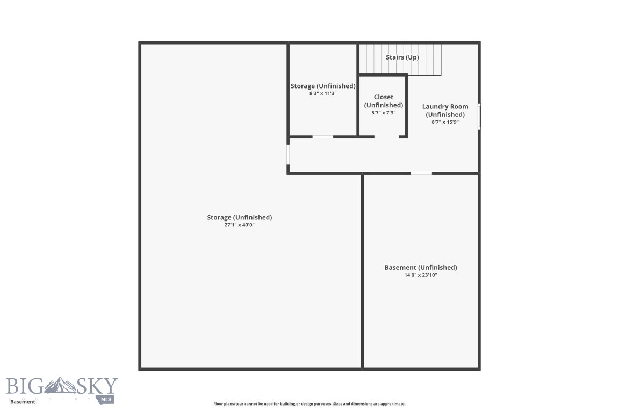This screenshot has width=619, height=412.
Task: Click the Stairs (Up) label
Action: click(402, 57)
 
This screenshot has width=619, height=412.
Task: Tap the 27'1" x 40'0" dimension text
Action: click(240, 225)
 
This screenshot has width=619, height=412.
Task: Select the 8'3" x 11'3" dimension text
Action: click(323, 93)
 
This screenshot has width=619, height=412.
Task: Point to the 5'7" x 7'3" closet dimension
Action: click(383, 112)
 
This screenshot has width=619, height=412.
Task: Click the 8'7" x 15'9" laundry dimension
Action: click(445, 122)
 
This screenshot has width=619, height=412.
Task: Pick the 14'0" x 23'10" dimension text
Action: click(420, 275)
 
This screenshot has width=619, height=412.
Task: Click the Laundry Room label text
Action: click(445, 106)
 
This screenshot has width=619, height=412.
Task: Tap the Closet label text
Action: click(384, 97)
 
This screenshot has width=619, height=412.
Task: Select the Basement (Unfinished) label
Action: click(421, 267)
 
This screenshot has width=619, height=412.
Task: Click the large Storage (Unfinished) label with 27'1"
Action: click(240, 217)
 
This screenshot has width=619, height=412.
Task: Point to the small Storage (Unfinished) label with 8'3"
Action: click(323, 86)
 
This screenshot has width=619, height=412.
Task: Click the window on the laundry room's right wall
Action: click(479, 116)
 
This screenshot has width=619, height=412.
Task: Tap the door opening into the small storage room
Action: click(323, 137)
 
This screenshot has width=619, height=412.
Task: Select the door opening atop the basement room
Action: click(421, 173)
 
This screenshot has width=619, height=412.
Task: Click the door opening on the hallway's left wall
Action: click(288, 154)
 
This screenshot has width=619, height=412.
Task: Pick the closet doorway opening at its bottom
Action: click(387, 137)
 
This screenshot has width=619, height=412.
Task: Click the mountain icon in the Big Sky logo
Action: click(60, 386)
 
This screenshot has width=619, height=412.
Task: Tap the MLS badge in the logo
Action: click(106, 399)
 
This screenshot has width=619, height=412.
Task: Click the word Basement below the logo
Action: click(23, 402)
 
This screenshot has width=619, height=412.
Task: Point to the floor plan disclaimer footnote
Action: click(309, 404)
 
